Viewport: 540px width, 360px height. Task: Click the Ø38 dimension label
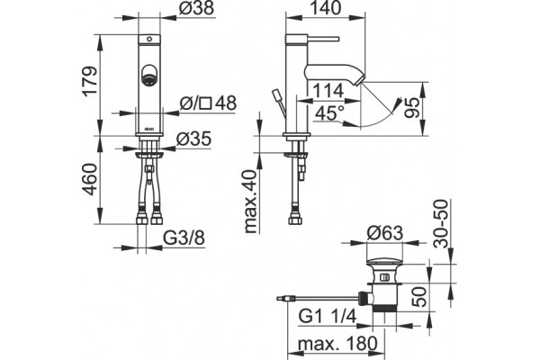coord(196,8)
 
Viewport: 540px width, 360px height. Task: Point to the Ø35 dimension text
coord(193,139)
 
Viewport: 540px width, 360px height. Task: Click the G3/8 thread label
coord(184,238)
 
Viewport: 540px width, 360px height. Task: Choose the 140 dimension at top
coord(325,8)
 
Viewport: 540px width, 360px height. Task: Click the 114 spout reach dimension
coord(328,91)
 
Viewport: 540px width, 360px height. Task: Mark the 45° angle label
coord(329,113)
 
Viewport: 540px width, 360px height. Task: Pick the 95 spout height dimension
coord(412,108)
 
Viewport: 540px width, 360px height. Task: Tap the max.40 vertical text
coord(251,202)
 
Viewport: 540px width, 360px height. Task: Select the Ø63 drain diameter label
coord(384,233)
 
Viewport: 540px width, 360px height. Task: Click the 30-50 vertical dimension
coord(442,224)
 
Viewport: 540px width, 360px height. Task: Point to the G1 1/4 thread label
coord(327,316)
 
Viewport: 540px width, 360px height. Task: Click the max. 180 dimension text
coord(337,343)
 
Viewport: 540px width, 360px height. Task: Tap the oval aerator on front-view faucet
coord(149,75)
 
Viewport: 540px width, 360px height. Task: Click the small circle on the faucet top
coord(149,39)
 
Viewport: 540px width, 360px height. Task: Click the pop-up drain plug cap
coord(384,262)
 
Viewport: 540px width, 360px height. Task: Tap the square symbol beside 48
coord(206,104)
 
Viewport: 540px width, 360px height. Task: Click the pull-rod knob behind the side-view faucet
coord(276,95)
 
